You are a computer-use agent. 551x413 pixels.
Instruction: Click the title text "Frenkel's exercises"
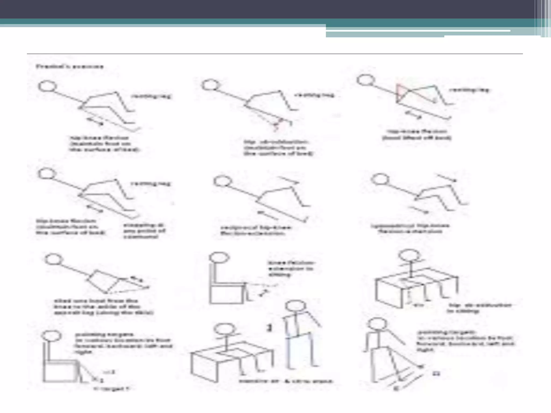click(69, 66)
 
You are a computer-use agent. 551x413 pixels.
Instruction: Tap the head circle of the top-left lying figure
click(47, 86)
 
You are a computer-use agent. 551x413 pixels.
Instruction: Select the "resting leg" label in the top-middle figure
click(315, 95)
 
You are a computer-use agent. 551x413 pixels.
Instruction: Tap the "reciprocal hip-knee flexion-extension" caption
click(256, 231)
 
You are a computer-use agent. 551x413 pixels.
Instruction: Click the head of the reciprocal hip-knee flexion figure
click(222, 181)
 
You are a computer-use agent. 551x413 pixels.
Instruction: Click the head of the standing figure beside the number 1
click(295, 307)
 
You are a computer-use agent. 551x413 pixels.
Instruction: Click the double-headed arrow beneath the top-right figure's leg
click(413, 115)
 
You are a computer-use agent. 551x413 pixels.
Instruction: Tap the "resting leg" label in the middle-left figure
click(151, 184)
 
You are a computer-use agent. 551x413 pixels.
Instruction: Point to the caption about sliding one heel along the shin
click(104, 307)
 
